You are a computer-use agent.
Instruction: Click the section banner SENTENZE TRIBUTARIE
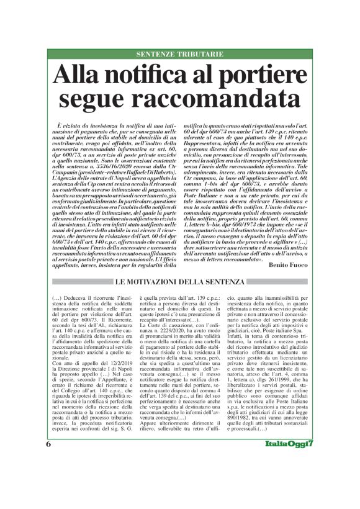click(x=179, y=55)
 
